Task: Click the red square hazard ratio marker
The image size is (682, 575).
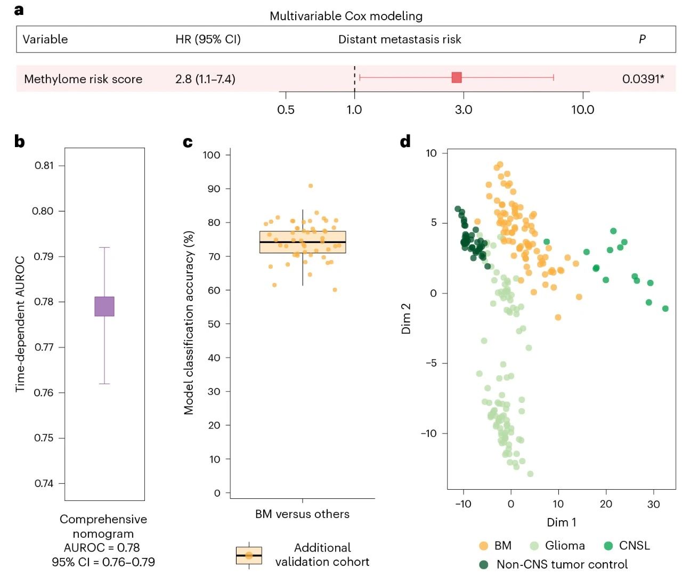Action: tap(457, 78)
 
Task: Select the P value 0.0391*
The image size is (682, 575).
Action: tap(643, 79)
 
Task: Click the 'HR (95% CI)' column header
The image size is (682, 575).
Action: tap(208, 39)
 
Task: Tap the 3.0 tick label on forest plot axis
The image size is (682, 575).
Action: tap(464, 110)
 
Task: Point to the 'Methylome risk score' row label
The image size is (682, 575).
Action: tap(83, 79)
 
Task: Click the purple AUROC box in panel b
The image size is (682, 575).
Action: tap(104, 306)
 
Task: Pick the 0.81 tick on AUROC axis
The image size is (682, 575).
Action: tap(44, 166)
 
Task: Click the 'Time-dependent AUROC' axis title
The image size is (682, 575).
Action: tap(20, 324)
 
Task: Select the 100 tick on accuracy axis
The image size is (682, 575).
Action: tap(212, 155)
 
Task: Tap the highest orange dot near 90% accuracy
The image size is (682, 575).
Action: tap(311, 186)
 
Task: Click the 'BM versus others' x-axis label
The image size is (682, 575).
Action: tap(302, 514)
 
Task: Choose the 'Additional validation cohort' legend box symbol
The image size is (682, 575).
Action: tap(249, 555)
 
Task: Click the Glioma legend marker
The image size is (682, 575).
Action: tap(534, 546)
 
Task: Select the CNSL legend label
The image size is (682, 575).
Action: tap(634, 546)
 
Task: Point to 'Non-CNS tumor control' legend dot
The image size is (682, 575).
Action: tap(484, 564)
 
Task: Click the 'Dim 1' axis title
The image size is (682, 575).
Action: tap(561, 522)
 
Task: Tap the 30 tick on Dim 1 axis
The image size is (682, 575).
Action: tap(653, 504)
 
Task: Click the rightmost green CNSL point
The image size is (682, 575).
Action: tap(665, 309)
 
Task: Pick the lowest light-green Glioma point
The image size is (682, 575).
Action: tap(530, 474)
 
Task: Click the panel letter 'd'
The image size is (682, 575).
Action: tap(405, 142)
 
